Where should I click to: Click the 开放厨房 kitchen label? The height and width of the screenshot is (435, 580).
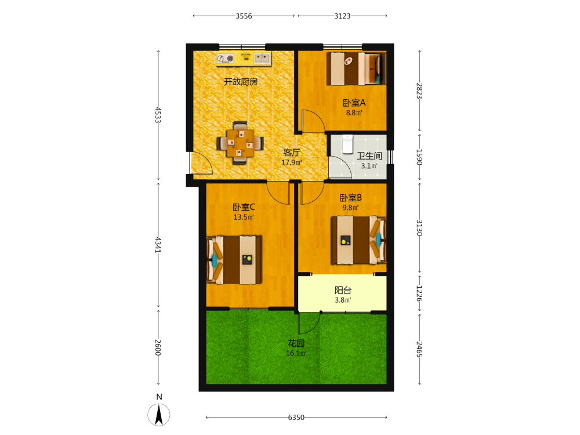click(241, 82)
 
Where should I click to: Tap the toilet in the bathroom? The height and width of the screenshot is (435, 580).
click(347, 144)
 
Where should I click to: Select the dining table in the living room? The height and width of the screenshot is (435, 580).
click(241, 143)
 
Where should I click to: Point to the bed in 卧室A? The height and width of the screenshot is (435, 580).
click(356, 69)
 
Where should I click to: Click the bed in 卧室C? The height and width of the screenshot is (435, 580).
click(234, 260)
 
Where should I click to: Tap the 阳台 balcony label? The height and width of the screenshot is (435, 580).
click(343, 291)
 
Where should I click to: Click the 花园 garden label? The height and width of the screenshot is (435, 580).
click(296, 343)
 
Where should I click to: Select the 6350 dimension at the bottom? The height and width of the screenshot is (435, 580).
click(296, 417)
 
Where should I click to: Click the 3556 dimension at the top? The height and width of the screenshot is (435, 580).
click(244, 16)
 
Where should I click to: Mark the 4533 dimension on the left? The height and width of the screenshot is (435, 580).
click(158, 115)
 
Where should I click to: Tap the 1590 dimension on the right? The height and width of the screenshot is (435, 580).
click(419, 157)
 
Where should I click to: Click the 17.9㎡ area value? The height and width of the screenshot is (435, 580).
click(292, 162)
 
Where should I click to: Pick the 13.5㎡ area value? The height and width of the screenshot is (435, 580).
click(244, 217)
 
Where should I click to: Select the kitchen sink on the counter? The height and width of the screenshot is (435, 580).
click(262, 57)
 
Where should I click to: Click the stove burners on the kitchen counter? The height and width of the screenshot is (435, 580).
click(226, 58)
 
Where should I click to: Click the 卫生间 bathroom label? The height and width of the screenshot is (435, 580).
click(369, 156)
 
